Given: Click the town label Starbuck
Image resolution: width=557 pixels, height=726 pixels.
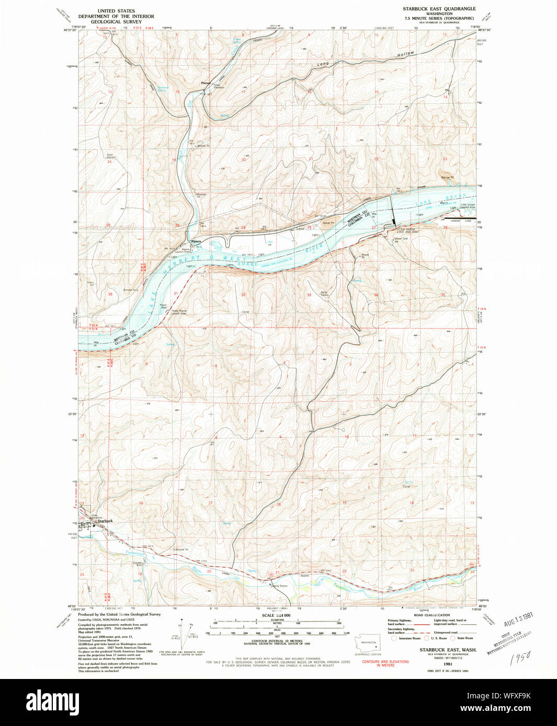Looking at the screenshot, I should pyautogui.click(x=105, y=521).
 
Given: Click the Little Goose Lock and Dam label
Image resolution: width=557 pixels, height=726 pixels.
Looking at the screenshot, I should pyautogui.click(x=408, y=230).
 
